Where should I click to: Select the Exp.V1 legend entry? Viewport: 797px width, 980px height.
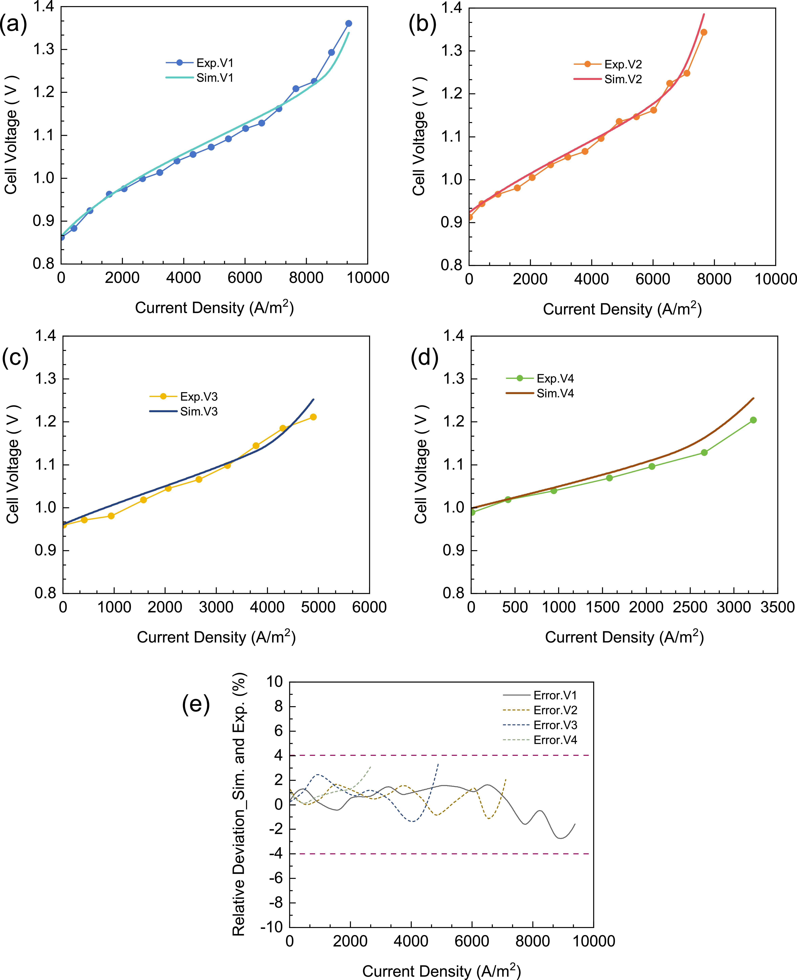pos(200,63)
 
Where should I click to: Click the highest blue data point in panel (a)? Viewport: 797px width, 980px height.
pos(348,23)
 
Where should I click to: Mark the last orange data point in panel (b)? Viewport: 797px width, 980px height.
pos(704,32)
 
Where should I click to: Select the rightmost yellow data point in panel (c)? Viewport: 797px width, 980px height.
pos(313,417)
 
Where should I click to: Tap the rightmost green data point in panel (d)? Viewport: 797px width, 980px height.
pos(753,420)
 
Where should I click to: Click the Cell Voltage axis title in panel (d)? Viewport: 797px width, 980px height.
pos(420,464)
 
